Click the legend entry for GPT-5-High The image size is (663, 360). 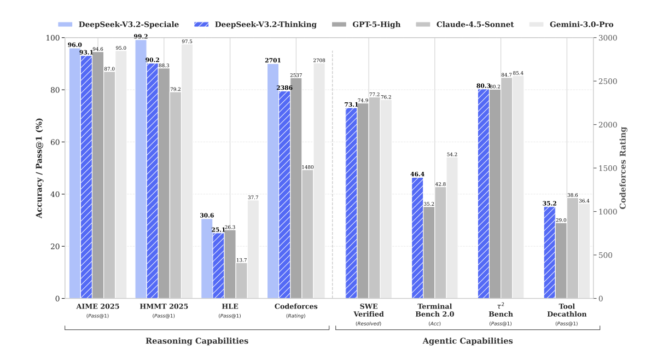tap(376, 25)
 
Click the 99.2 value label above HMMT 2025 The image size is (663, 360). tap(141, 36)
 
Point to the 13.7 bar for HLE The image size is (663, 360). tap(241, 281)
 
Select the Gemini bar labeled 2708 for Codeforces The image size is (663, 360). tap(319, 181)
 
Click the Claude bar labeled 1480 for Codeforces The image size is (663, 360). tap(307, 234)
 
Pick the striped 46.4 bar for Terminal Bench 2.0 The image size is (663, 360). tap(417, 238)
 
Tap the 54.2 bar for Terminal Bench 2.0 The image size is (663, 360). tap(452, 228)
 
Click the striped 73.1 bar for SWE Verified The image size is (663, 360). tap(351, 203)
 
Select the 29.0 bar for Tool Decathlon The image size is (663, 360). tap(561, 260)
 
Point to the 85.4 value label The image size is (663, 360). tap(518, 73)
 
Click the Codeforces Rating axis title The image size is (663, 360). tap(623, 167)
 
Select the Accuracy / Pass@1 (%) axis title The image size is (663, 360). tap(39, 167)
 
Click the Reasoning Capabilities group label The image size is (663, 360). tap(197, 341)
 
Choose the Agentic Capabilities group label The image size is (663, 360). tap(468, 341)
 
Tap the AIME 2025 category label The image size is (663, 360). tap(97, 306)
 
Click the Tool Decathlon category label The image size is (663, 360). tap(567, 310)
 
